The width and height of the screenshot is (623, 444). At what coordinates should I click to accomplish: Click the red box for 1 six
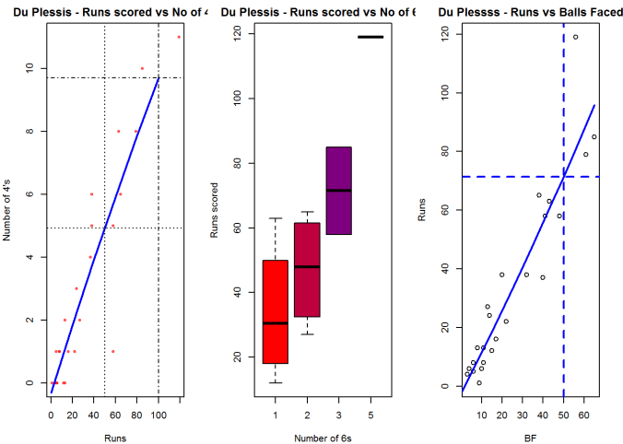tap(275, 311)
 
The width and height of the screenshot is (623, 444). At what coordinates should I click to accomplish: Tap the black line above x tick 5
tap(370, 37)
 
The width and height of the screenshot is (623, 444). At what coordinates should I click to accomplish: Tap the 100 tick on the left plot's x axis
tap(158, 415)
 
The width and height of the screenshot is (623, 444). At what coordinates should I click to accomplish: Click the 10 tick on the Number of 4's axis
tap(30, 68)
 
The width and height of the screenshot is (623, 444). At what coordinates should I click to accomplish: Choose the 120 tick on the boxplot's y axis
tap(237, 32)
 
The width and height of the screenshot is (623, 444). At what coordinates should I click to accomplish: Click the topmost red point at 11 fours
tap(179, 37)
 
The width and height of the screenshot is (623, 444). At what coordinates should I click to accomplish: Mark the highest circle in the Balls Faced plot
tap(576, 37)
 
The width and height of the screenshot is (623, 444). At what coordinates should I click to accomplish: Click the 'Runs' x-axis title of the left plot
tap(115, 436)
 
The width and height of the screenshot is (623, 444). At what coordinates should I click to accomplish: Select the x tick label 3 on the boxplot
tap(338, 415)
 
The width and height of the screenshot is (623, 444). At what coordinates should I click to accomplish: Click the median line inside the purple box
tap(338, 191)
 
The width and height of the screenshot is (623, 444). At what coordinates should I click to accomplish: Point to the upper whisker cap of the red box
tap(275, 218)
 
